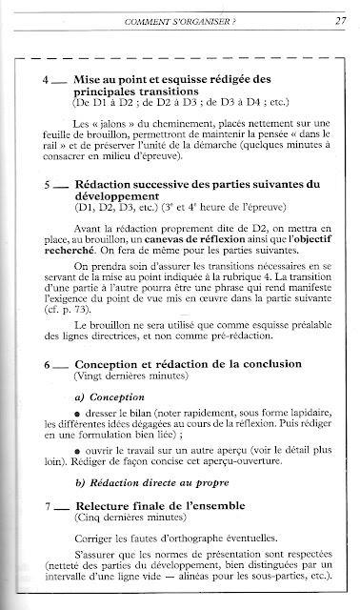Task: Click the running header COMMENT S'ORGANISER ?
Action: pos(181,22)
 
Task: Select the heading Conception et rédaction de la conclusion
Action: pos(188,364)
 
